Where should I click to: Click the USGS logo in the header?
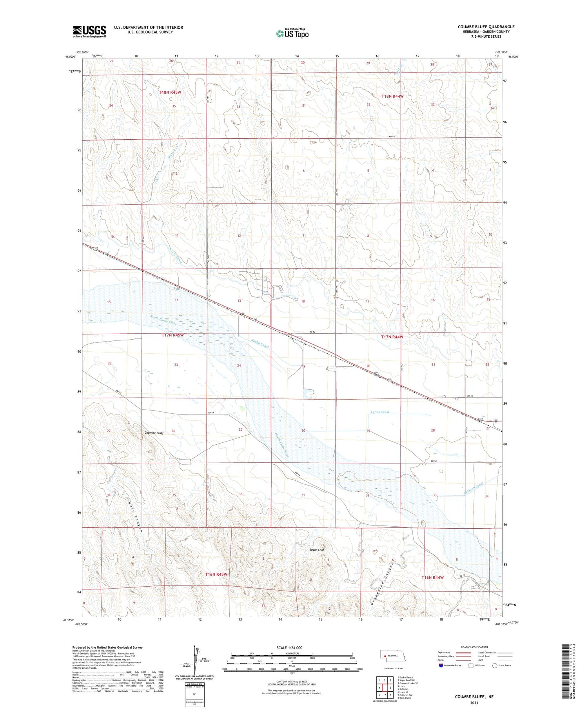coord(89,31)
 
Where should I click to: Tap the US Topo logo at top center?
coord(292,33)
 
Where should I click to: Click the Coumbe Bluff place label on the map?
coord(154,433)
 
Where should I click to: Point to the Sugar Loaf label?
coord(317,550)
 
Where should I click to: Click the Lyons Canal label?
coord(380,412)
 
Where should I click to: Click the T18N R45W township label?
coord(170,92)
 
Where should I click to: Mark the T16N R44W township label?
coord(432,577)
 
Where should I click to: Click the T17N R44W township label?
coord(392,337)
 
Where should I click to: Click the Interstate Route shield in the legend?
coord(441,666)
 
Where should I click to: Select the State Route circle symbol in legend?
coord(495,666)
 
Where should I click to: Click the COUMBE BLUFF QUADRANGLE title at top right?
coord(486,27)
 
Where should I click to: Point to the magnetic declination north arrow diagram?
coord(195,660)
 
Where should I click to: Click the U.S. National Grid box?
coord(194,693)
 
